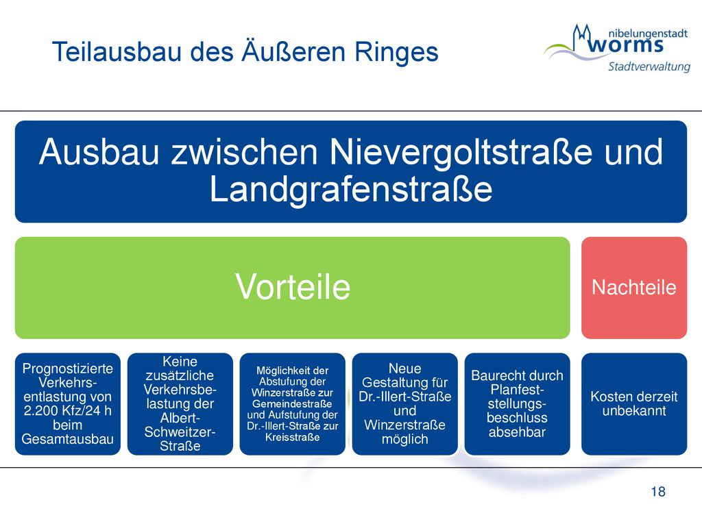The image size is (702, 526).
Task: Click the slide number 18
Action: (x=658, y=492)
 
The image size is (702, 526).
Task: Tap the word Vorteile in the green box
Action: (x=292, y=287)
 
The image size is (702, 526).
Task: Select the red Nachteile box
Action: (x=634, y=288)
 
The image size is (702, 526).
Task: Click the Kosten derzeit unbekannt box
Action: (x=634, y=404)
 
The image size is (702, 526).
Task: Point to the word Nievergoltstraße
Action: (x=461, y=153)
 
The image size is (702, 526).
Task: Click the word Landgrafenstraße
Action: (x=351, y=189)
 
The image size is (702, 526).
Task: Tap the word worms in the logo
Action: (x=625, y=45)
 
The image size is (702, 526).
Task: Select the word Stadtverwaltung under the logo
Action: (x=649, y=66)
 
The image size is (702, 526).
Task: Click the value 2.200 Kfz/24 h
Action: (x=68, y=411)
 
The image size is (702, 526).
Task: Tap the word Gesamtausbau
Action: (x=68, y=439)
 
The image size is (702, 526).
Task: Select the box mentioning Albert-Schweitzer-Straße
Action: (x=180, y=404)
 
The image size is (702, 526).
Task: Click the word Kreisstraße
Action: (x=292, y=438)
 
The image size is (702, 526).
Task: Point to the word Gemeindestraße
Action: (x=292, y=404)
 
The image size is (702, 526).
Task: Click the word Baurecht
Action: (x=493, y=376)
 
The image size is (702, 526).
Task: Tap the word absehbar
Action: (x=517, y=433)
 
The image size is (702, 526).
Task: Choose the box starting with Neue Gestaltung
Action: (x=404, y=404)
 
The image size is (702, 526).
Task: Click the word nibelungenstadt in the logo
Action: (x=648, y=34)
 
